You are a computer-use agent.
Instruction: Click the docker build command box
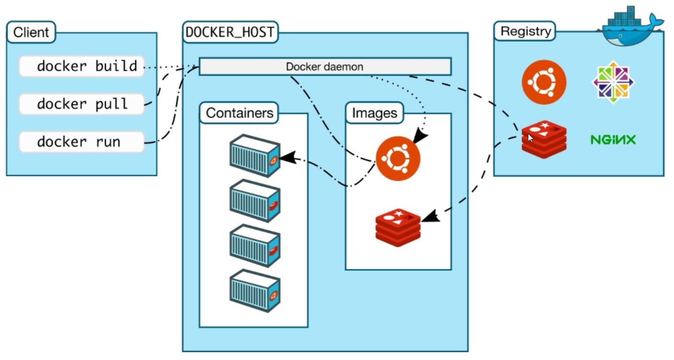pyautogui.click(x=81, y=67)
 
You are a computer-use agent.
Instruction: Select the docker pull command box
pyautogui.click(x=81, y=104)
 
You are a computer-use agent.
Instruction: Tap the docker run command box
pyautogui.click(x=81, y=142)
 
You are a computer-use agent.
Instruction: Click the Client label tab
pyautogui.click(x=31, y=33)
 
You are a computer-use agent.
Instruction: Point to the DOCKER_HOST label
pyautogui.click(x=230, y=32)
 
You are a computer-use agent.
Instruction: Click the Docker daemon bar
pyautogui.click(x=325, y=67)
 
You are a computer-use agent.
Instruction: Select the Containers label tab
pyautogui.click(x=240, y=113)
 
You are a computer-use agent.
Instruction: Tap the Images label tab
pyautogui.click(x=375, y=113)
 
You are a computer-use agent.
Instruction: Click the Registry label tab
pyautogui.click(x=525, y=32)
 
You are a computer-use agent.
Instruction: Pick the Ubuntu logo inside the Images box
pyautogui.click(x=398, y=159)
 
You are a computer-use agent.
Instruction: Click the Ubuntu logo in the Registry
pyautogui.click(x=544, y=82)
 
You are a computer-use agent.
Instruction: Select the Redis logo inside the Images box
pyautogui.click(x=398, y=227)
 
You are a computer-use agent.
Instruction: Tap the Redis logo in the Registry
pyautogui.click(x=544, y=139)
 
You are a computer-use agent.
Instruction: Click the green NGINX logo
pyautogui.click(x=613, y=140)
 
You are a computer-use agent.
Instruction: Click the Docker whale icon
pyautogui.click(x=630, y=26)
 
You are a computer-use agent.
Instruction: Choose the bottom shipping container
pyautogui.click(x=254, y=290)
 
